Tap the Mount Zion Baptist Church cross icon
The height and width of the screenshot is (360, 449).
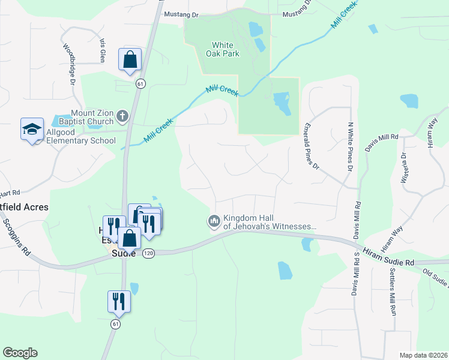[122, 116]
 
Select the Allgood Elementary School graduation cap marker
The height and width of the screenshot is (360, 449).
[32, 129]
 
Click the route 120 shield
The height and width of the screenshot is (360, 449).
[148, 254]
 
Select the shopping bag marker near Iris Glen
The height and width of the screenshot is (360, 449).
[130, 60]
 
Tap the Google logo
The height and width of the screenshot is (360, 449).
[20, 353]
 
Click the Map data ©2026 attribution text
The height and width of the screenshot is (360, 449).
[424, 355]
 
